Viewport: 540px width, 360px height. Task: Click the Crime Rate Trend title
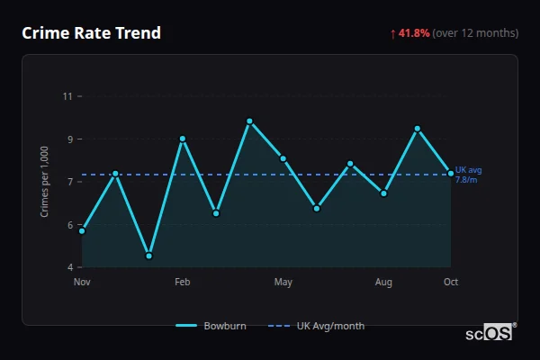(x=92, y=33)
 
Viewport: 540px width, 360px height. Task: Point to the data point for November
(x=82, y=231)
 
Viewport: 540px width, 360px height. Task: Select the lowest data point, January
(x=148, y=256)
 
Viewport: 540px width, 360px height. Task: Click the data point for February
(x=183, y=139)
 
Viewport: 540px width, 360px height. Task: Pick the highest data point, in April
(x=249, y=121)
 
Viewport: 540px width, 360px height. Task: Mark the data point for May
(x=283, y=158)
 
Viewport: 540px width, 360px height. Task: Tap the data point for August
(x=383, y=193)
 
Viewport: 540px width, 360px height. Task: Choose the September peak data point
(x=418, y=129)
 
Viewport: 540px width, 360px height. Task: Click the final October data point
(x=451, y=173)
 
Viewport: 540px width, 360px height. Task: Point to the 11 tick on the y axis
(x=67, y=96)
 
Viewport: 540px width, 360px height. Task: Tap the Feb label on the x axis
(x=183, y=283)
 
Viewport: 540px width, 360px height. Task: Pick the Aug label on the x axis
(x=383, y=283)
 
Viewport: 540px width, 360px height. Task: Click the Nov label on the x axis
(x=82, y=283)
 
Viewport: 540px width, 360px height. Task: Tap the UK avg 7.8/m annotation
(x=469, y=175)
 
